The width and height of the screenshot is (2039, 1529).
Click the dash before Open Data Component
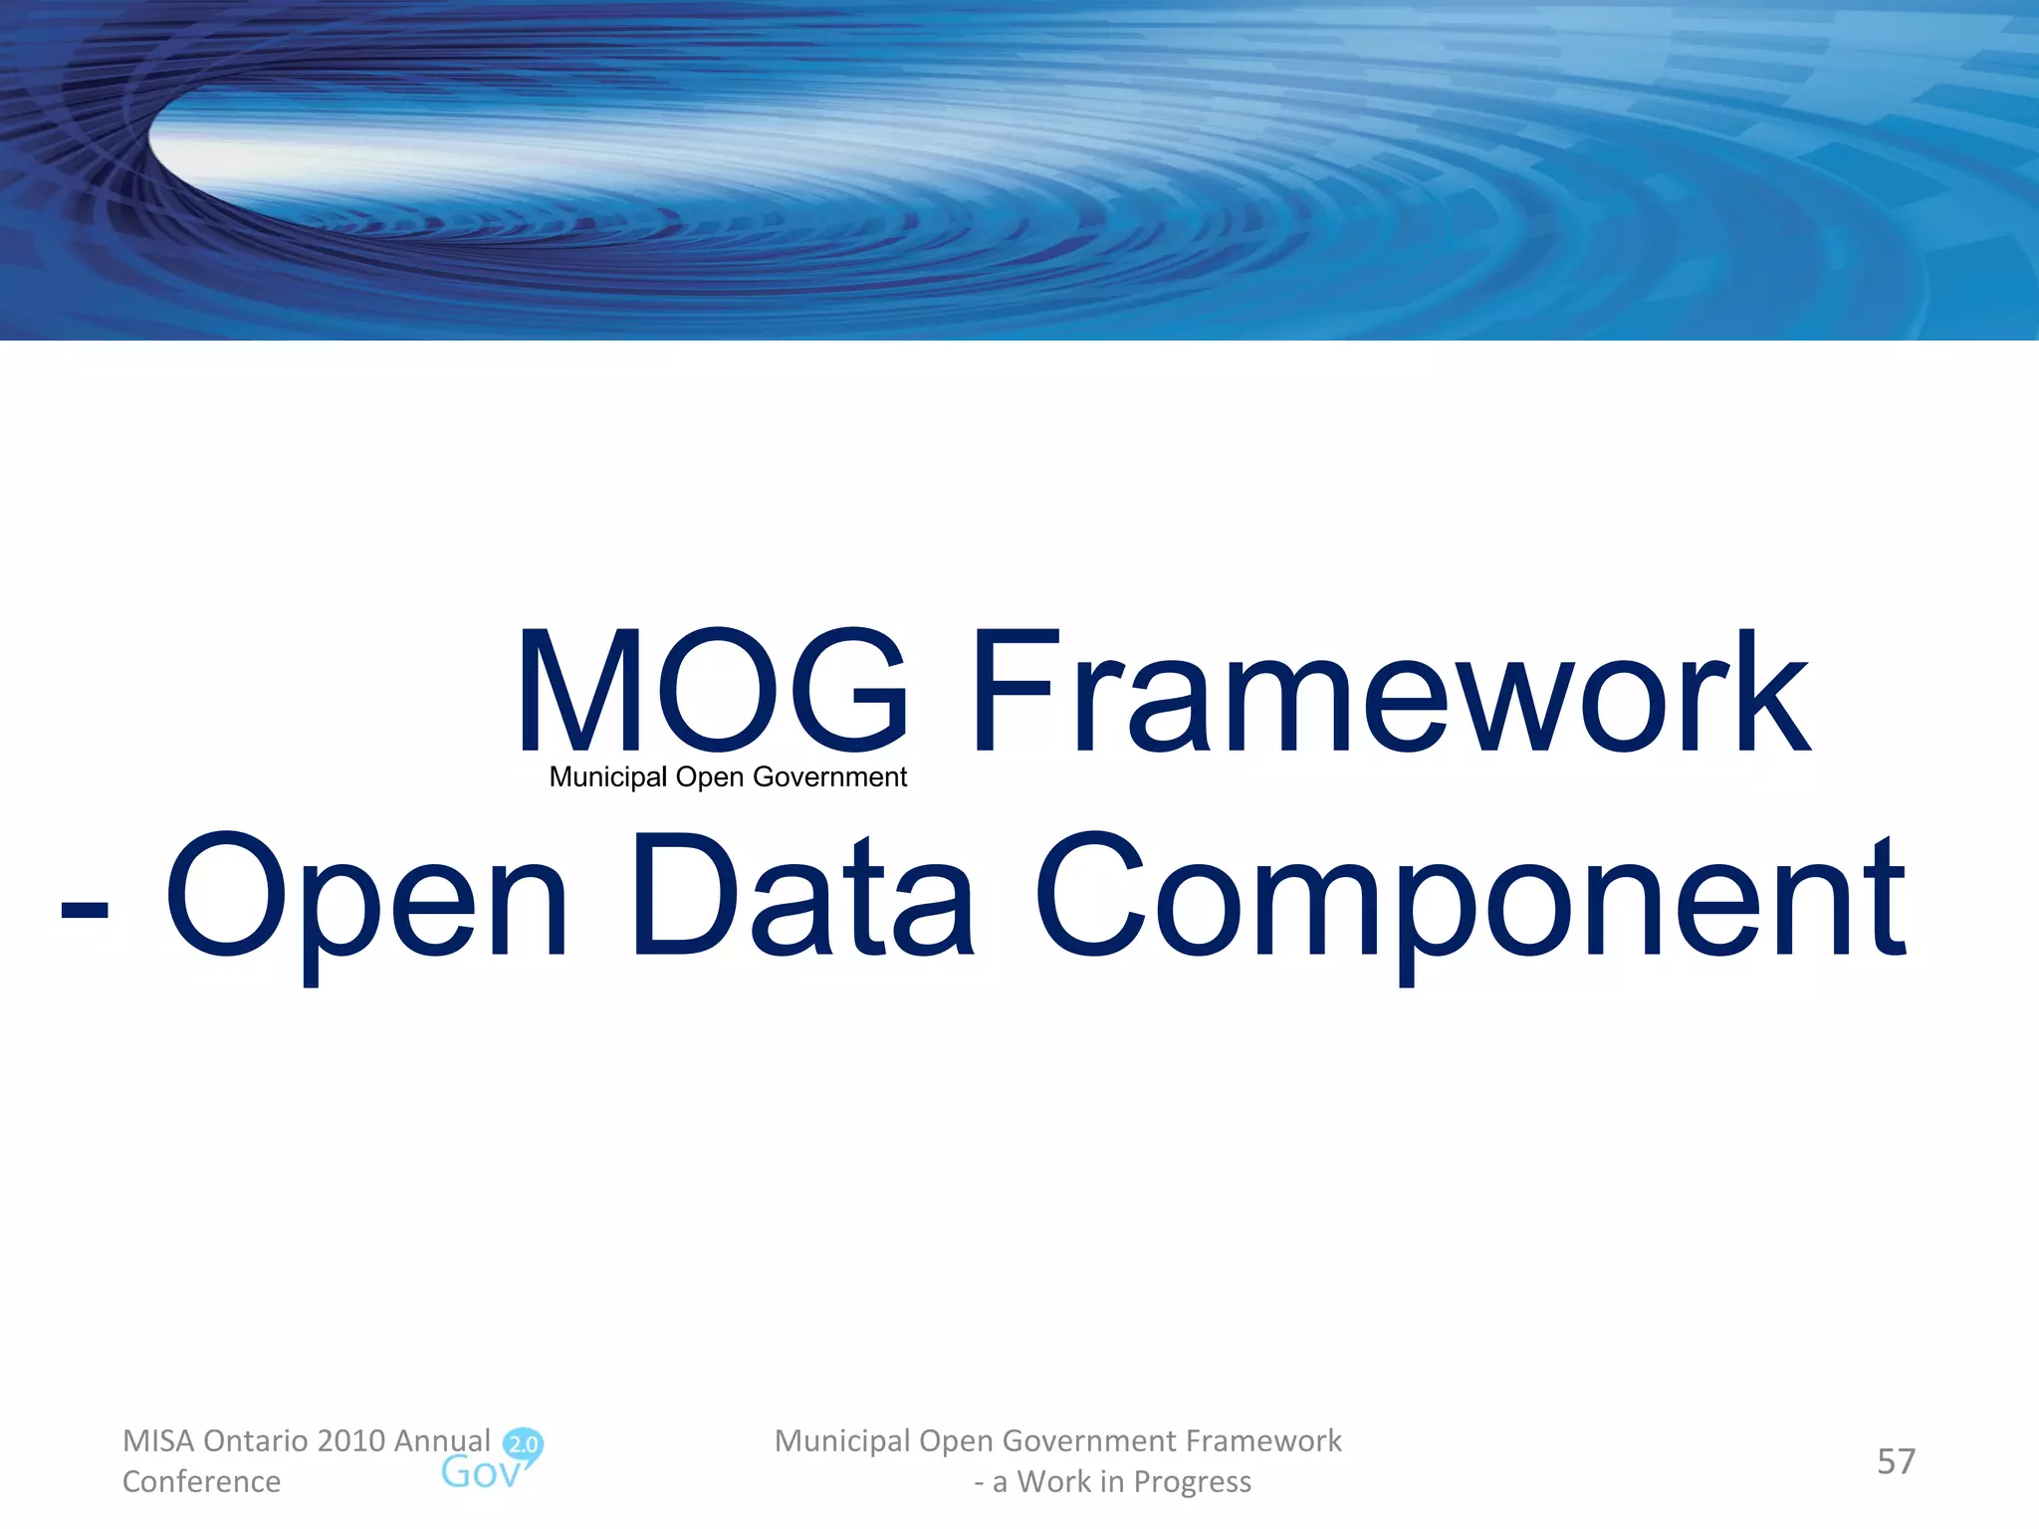(x=84, y=908)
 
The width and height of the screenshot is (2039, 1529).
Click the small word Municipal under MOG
(x=608, y=777)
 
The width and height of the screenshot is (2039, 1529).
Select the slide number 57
(x=1896, y=1461)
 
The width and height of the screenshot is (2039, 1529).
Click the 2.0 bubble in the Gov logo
(x=523, y=1443)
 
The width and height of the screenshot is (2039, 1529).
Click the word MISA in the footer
(x=157, y=1440)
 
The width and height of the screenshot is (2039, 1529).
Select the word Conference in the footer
(x=201, y=1481)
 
